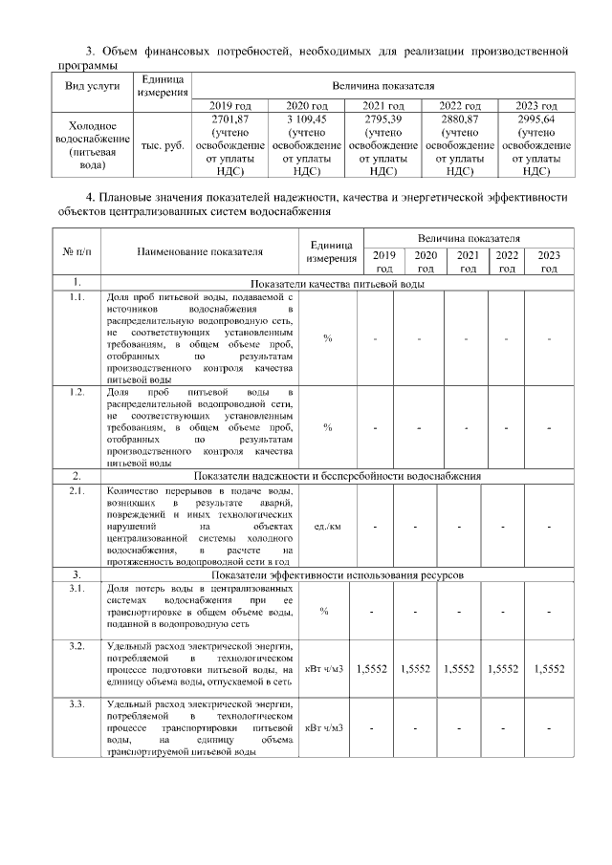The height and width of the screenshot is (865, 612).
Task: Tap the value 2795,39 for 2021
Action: (x=382, y=119)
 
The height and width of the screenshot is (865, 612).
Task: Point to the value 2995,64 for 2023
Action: (x=535, y=119)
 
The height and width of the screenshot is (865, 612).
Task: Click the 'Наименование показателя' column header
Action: (x=199, y=252)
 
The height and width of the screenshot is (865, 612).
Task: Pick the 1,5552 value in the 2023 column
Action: (x=549, y=669)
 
